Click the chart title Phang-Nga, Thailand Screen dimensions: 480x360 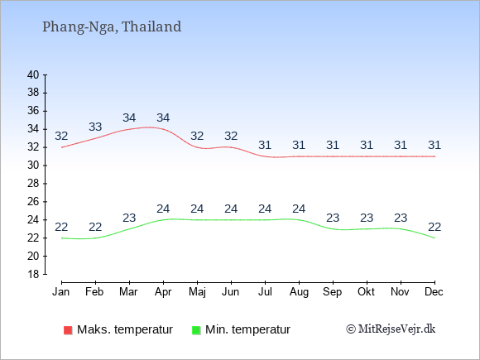[x=112, y=27]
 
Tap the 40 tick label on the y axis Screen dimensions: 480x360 [x=33, y=74]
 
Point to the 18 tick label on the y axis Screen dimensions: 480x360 [x=33, y=274]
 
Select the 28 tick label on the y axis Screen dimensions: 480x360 [x=33, y=184]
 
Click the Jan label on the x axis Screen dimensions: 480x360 [x=61, y=292]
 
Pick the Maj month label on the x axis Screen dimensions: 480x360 [x=197, y=292]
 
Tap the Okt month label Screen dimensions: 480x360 [x=366, y=292]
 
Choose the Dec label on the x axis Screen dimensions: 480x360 [x=434, y=292]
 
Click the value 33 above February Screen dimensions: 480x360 [x=95, y=127]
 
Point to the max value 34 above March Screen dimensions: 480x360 [x=129, y=118]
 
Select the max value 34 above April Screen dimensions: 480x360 [x=163, y=118]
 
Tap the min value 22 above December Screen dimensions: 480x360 [x=434, y=227]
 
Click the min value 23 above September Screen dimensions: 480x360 [x=333, y=218]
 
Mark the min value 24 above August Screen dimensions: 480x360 [x=299, y=209]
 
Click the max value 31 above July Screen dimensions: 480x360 [x=265, y=145]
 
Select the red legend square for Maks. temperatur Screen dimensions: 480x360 [x=68, y=330]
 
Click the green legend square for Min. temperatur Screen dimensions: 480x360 [x=196, y=330]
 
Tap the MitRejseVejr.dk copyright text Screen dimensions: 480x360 [x=391, y=329]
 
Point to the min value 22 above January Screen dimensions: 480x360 [x=61, y=227]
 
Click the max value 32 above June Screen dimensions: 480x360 [x=231, y=136]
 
